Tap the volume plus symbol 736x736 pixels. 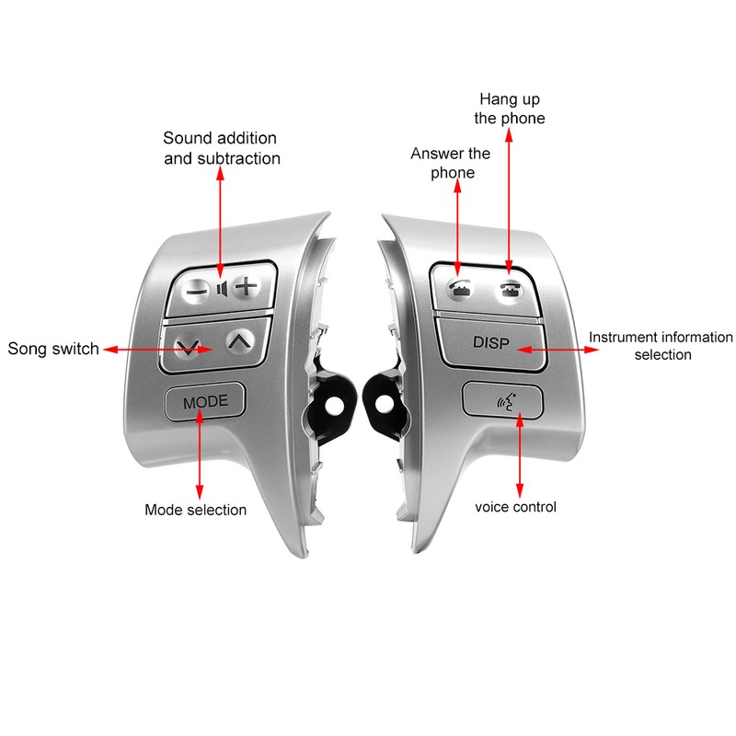(x=244, y=286)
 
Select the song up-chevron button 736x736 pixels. (x=237, y=341)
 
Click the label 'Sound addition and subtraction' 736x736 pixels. (x=220, y=147)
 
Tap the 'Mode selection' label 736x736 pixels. (x=196, y=509)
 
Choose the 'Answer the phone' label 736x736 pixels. (x=451, y=163)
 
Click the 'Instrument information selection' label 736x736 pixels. (x=661, y=346)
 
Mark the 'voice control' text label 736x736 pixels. (x=515, y=506)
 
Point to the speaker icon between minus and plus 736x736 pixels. (x=221, y=288)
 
